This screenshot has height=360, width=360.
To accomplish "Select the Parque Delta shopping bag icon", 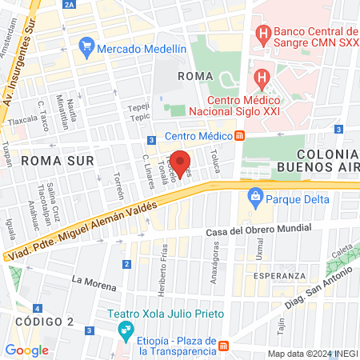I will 255,195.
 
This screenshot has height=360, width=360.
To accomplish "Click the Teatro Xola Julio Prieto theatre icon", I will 125,329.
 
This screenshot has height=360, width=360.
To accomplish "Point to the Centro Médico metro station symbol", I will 239,136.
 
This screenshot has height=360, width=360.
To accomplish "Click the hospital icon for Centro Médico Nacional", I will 261,78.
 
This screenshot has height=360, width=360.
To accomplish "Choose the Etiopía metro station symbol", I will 226,346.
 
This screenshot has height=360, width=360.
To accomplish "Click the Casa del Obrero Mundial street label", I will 252,232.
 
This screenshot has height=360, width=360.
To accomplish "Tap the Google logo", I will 27,350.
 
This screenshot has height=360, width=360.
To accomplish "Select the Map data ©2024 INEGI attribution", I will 311,354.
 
